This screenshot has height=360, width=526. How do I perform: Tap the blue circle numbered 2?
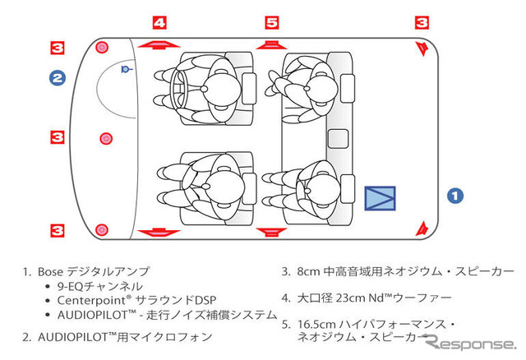[57, 79]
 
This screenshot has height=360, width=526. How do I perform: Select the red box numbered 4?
[160, 23]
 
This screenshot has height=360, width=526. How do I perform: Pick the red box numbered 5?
[272, 23]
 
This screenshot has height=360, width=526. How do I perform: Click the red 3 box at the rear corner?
[422, 23]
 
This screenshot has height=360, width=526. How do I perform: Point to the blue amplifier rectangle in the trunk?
[380, 198]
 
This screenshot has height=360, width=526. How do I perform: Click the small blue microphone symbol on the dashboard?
[125, 70]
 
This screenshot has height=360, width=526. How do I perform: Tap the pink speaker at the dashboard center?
[104, 138]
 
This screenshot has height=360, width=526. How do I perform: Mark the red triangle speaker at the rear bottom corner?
[422, 227]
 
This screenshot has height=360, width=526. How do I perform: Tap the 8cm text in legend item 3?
[307, 270]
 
